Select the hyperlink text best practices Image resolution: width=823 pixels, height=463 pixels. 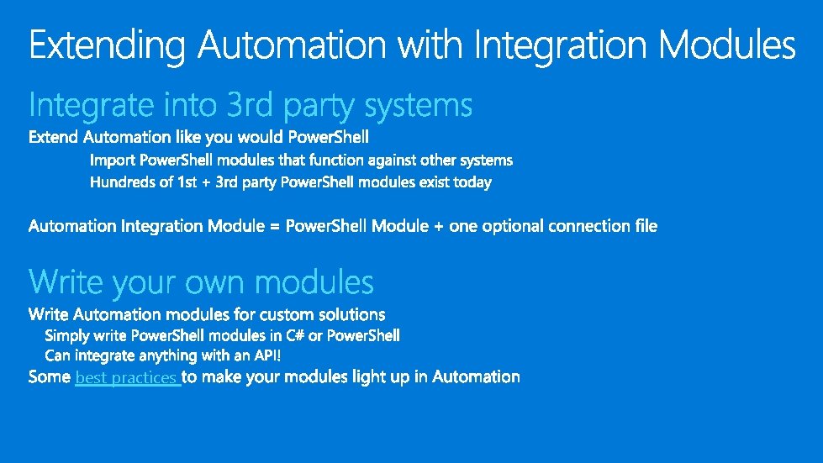pyautogui.click(x=127, y=378)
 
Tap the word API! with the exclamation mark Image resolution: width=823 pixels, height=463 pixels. pyautogui.click(x=266, y=356)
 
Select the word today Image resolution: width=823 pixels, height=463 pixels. pyautogui.click(x=472, y=182)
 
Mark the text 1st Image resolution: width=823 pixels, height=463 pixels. pyautogui.click(x=187, y=182)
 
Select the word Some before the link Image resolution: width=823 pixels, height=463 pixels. pyautogui.click(x=50, y=377)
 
